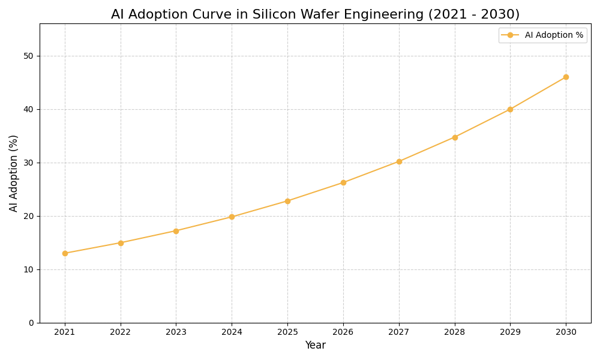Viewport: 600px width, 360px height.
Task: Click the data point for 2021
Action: pyautogui.click(x=65, y=253)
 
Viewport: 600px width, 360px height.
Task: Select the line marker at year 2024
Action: pyautogui.click(x=232, y=217)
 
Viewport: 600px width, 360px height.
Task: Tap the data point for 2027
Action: pyautogui.click(x=399, y=161)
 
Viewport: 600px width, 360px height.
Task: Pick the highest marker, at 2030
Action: pyautogui.click(x=566, y=77)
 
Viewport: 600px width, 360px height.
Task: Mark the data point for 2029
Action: pyautogui.click(x=510, y=109)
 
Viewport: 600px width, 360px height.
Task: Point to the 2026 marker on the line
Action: pyautogui.click(x=343, y=182)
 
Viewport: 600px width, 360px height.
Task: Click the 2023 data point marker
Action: pyautogui.click(x=176, y=231)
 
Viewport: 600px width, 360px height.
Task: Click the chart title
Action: pyautogui.click(x=315, y=14)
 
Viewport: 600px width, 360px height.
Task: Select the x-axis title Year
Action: pyautogui.click(x=315, y=346)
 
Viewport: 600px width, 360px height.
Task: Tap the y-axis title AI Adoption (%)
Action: pyautogui.click(x=14, y=173)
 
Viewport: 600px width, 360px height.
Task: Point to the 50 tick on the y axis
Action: pyautogui.click(x=28, y=56)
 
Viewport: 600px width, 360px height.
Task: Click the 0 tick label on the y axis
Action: pyautogui.click(x=31, y=323)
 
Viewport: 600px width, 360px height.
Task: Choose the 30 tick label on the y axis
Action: pyautogui.click(x=28, y=163)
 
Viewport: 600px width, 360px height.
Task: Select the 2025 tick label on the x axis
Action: pyautogui.click(x=287, y=332)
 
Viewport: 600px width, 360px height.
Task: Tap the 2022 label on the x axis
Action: pyautogui.click(x=121, y=332)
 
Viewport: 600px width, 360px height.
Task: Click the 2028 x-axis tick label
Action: pyautogui.click(x=455, y=332)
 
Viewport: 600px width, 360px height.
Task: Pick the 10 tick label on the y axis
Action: pyautogui.click(x=28, y=269)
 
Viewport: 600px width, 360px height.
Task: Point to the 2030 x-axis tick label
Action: pyautogui.click(x=566, y=332)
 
